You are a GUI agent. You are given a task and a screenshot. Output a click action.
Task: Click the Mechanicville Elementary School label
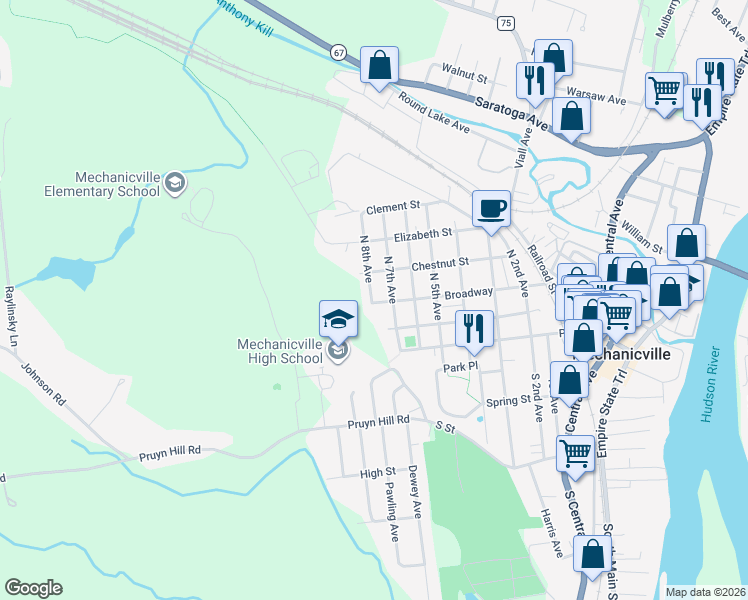102,182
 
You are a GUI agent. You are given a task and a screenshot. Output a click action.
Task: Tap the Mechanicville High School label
280,351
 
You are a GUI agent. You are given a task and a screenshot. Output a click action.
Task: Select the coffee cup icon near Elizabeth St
491,209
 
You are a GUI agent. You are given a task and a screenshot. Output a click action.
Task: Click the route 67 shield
340,51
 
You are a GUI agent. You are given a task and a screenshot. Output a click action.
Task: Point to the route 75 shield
507,22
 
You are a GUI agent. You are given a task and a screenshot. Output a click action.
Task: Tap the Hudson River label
711,385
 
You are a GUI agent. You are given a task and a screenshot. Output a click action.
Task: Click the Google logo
33,588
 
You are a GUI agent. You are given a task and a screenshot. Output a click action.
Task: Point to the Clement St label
389,209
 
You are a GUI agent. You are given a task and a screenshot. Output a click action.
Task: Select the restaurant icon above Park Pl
473,328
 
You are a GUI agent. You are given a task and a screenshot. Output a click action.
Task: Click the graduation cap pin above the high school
338,318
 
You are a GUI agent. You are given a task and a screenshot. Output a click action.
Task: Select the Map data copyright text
705,592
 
